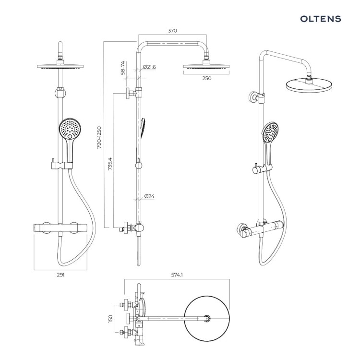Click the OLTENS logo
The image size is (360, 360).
[321, 19]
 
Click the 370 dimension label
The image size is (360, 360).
[172, 31]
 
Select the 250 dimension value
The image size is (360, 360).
[206, 78]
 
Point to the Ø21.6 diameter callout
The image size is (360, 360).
[149, 67]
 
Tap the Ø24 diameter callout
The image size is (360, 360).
[149, 196]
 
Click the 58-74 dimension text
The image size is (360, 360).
[123, 68]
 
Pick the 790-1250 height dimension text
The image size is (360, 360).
[99, 138]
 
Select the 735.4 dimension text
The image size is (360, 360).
[110, 164]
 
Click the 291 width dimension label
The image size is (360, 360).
[60, 275]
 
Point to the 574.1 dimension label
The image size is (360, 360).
[177, 275]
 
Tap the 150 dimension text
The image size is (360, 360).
[110, 319]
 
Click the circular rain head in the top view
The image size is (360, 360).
[207, 318]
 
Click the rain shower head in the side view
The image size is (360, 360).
[206, 66]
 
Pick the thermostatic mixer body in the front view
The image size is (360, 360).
[60, 228]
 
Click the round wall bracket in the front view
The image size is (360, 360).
[60, 94]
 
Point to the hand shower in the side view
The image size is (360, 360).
[143, 128]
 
